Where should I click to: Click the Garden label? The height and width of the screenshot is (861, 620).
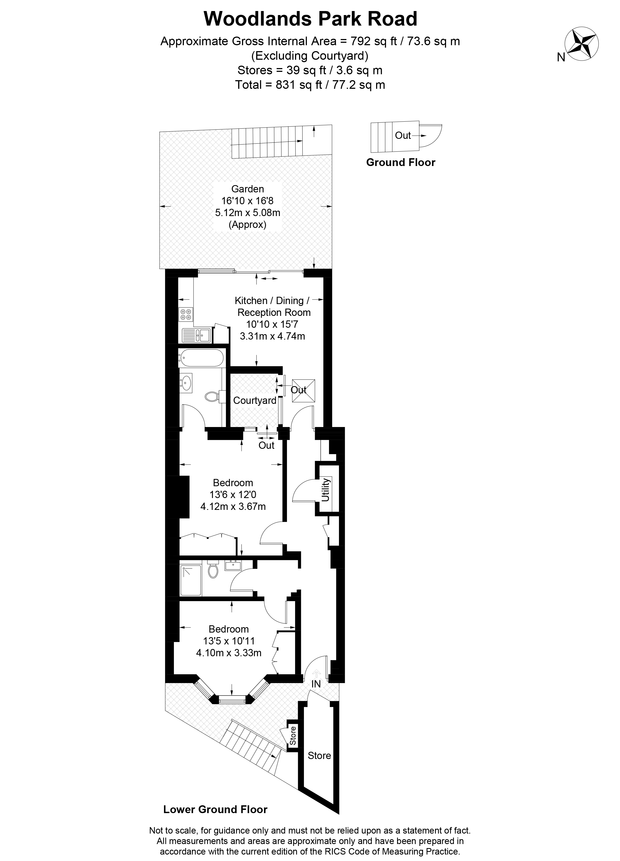coord(248,189)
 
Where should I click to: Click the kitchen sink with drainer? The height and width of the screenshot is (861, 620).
coord(196,335)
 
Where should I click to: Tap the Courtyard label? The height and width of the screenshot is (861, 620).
coord(254,401)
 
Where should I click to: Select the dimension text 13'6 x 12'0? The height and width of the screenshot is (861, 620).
coord(233,495)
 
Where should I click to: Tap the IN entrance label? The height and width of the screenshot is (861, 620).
coord(316,684)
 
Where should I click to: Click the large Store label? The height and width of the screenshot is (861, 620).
coord(319,756)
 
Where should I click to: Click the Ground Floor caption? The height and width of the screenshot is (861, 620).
coord(401,163)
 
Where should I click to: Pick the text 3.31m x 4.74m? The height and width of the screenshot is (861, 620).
coord(272,336)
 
